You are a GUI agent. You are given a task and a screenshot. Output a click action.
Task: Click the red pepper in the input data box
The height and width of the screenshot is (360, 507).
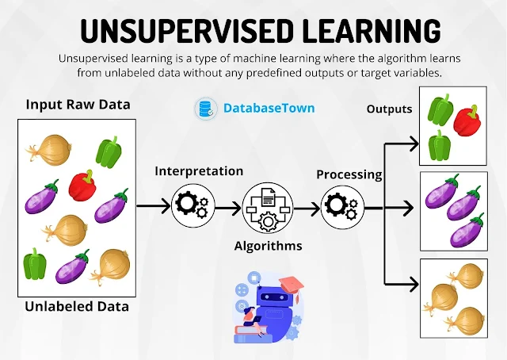82,186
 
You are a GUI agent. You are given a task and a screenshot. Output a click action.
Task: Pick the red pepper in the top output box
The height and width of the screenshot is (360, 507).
466,120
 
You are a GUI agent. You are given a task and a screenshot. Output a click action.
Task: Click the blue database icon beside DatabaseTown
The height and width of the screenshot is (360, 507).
206,109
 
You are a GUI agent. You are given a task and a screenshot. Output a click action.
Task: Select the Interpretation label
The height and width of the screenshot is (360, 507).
199,170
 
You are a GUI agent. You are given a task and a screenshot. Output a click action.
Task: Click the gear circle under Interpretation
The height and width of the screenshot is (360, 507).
193,206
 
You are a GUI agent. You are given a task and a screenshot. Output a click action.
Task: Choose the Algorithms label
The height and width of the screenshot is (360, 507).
268,246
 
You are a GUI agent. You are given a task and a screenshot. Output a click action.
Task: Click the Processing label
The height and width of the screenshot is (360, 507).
349,174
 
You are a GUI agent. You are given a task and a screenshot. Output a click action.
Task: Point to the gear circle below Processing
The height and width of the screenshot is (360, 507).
342,208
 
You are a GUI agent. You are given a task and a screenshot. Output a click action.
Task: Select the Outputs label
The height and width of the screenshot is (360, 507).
389,108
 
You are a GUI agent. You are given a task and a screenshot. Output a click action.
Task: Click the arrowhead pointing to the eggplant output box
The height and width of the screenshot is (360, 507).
410,209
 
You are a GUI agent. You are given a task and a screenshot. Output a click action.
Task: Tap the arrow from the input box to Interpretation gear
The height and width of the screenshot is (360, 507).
154,206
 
